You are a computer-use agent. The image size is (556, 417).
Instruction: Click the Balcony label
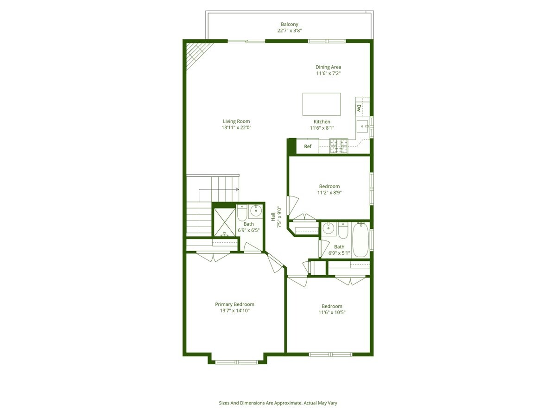coord(289,24)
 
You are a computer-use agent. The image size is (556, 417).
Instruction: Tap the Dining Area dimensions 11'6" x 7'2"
coord(328,74)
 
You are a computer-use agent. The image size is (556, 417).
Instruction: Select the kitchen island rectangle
coord(322,104)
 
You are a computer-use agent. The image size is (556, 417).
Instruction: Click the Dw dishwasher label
coord(359,108)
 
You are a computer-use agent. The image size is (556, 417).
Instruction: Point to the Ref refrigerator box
coord(308,146)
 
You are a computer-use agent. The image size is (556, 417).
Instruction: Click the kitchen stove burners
coord(338,146)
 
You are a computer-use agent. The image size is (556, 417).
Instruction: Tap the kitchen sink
coord(362,124)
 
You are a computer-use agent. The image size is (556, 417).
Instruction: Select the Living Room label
coord(236,121)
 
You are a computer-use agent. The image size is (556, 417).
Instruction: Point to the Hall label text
coord(273,217)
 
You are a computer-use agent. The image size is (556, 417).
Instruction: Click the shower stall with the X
coord(224,222)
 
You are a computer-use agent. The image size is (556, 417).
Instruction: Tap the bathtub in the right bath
coord(360,240)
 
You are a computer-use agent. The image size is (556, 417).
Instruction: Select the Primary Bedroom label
coord(234,304)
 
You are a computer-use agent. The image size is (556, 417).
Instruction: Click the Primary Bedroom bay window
coord(238,361)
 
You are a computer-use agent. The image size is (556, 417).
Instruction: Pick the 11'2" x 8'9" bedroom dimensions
coord(329,193)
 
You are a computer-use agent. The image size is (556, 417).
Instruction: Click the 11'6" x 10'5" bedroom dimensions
coord(332,312)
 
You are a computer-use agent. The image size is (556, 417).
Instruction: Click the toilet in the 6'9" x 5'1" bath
coord(343,229)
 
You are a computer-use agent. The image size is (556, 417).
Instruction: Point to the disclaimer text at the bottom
coord(278,403)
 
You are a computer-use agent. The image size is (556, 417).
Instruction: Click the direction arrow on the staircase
coord(236,189)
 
